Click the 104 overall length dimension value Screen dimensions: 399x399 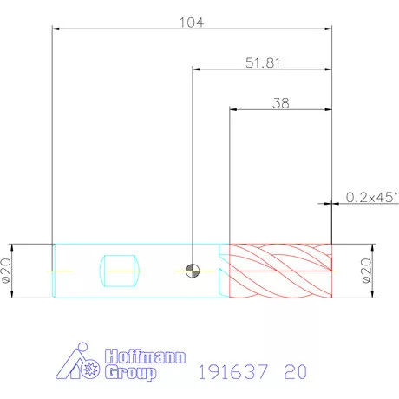tap(192, 23)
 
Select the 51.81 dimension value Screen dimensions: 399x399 tap(263, 62)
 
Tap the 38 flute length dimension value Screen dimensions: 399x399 tap(281, 103)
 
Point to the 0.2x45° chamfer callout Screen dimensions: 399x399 tap(372, 197)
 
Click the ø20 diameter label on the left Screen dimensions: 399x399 tap(6, 271)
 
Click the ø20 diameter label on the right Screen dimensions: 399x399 tap(366, 271)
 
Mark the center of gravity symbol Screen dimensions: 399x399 tap(193, 271)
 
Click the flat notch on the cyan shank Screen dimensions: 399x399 tap(120, 271)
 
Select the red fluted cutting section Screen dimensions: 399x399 tap(280, 271)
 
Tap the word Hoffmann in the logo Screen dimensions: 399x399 tap(145, 356)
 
